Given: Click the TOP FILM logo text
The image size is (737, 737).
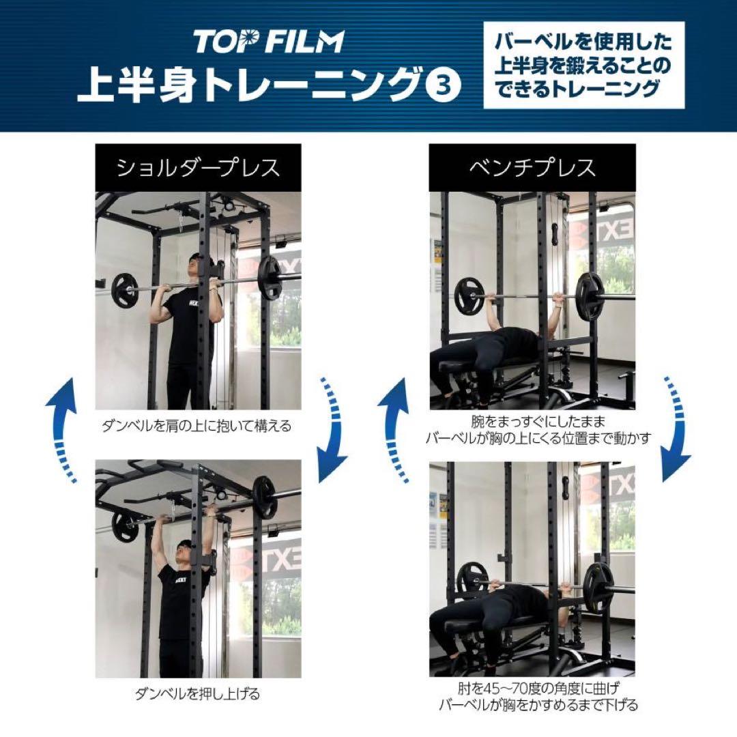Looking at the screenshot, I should coord(268,41).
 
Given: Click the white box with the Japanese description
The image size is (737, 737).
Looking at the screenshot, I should coord(583,66).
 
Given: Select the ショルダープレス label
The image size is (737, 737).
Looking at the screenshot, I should coord(198,167).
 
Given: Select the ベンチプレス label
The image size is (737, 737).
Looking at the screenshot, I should coord(532,167).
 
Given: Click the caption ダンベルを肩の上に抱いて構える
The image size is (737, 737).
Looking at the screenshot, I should coord(197,427).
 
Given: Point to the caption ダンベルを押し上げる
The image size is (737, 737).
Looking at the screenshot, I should coord(197,695).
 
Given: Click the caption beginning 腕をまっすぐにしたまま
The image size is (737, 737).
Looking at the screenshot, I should coord(538,430).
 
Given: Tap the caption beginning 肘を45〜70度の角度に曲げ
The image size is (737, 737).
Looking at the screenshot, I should coord(538,696).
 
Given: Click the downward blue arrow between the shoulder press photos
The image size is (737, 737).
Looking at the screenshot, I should coord(330,430).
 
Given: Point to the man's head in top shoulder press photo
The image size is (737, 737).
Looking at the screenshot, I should coord(196,265).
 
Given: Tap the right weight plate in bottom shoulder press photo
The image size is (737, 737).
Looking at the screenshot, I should coord(264,498).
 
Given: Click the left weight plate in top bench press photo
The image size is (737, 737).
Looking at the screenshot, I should coord(469,295).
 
